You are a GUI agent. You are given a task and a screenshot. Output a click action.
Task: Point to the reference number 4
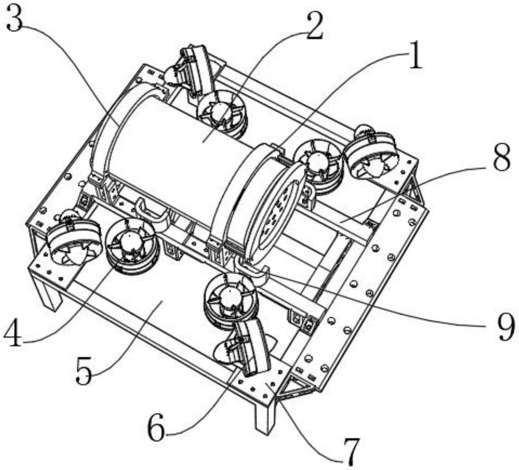point(13,333)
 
